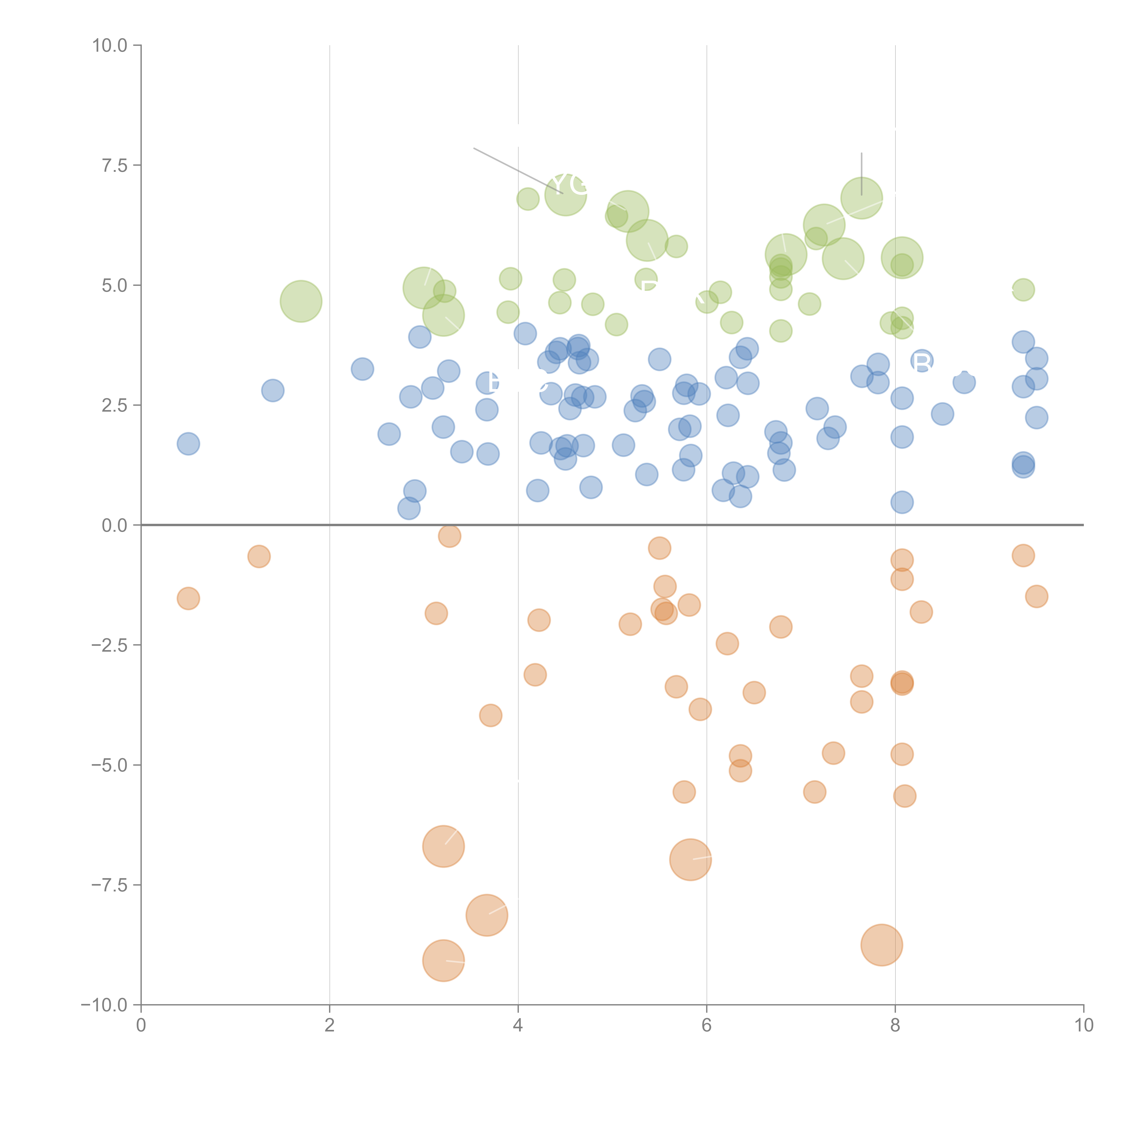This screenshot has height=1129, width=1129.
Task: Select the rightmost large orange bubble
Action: point(882,945)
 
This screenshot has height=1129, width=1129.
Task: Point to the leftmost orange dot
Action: point(188,598)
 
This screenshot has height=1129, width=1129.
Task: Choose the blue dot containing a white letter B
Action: point(921,362)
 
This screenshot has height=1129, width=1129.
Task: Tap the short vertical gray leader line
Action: point(861,174)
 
